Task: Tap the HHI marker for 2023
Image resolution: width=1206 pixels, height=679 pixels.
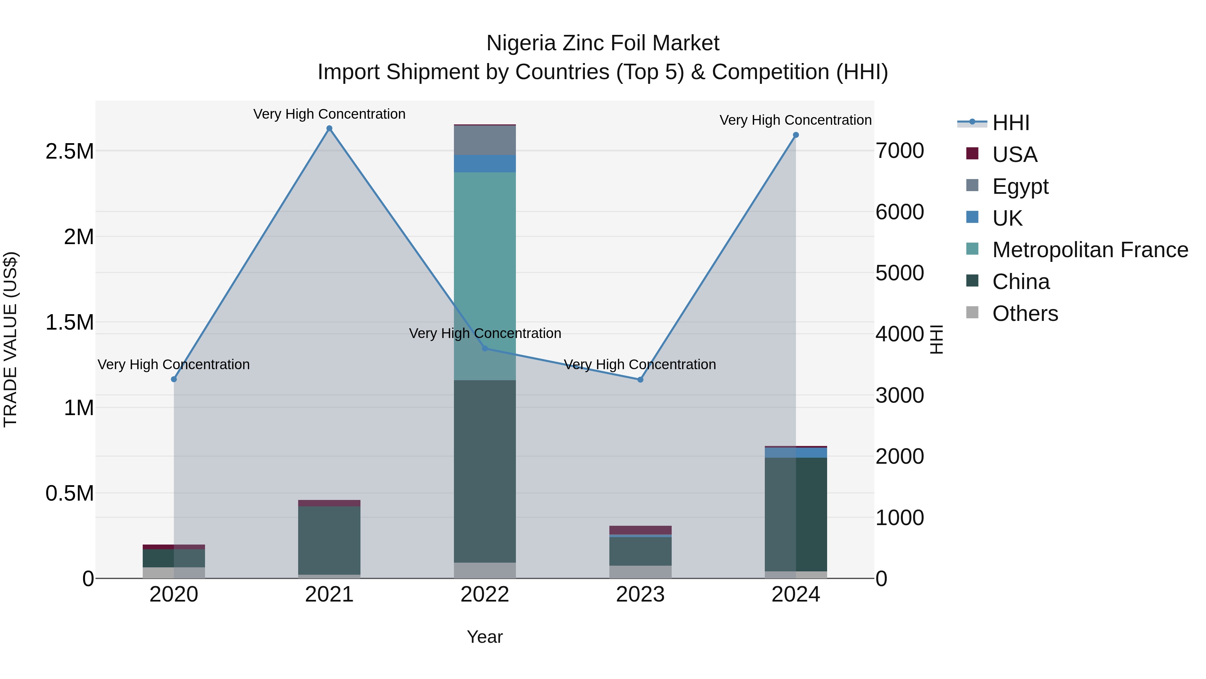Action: click(641, 380)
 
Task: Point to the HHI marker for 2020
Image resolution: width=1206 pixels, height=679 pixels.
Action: click(174, 379)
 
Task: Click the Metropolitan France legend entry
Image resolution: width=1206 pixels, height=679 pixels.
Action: click(1089, 250)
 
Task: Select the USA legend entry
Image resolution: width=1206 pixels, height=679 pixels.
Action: click(1014, 154)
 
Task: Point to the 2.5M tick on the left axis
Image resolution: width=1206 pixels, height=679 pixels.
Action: click(70, 151)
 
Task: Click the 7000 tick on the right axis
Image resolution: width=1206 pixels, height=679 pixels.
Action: click(899, 151)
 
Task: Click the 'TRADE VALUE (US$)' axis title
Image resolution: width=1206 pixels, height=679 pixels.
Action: click(10, 339)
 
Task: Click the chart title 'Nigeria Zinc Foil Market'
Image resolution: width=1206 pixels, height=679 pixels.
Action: click(603, 43)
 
